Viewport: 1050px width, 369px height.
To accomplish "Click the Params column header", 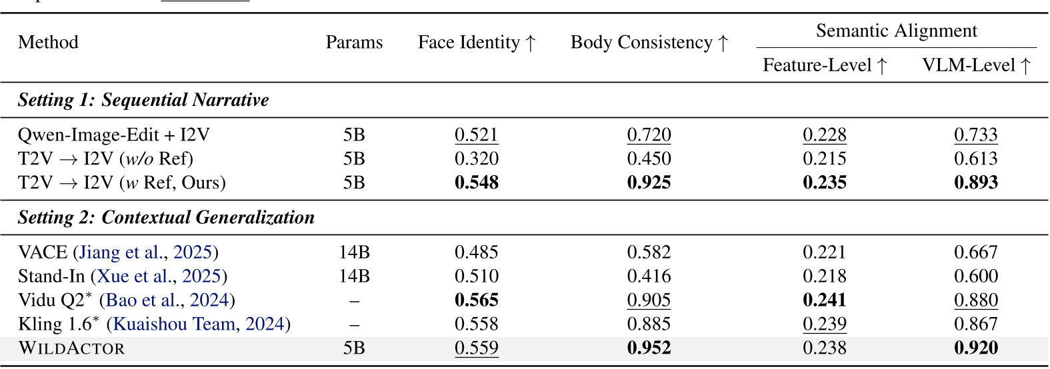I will (x=354, y=43).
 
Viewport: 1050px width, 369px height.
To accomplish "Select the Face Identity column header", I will (x=477, y=43).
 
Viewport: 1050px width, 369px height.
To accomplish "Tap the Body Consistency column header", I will (x=649, y=43).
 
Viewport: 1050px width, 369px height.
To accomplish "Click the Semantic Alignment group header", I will (x=896, y=31).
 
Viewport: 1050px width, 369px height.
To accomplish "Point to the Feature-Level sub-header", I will (x=825, y=65).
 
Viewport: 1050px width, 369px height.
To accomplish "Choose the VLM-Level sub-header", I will (x=976, y=65).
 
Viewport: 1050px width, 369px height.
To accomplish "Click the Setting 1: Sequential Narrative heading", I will (x=143, y=100).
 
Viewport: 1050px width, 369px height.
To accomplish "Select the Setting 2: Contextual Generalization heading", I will (x=166, y=217).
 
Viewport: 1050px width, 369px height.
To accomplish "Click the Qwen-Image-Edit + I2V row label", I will (x=114, y=135).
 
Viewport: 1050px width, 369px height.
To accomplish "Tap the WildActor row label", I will (x=71, y=348).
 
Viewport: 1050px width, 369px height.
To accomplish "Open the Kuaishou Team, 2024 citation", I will (x=199, y=324).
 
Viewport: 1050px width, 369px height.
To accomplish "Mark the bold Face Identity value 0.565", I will (x=477, y=300).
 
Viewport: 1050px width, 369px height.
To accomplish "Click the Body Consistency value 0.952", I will (x=649, y=348).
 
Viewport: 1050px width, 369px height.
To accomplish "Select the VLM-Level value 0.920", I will (x=976, y=348).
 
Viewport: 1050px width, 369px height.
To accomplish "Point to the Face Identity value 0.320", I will (x=477, y=159).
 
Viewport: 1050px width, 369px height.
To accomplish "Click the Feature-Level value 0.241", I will (x=825, y=300).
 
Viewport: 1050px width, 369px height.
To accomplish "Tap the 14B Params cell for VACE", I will (x=354, y=252).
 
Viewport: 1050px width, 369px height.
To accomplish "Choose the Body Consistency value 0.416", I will (x=649, y=276).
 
